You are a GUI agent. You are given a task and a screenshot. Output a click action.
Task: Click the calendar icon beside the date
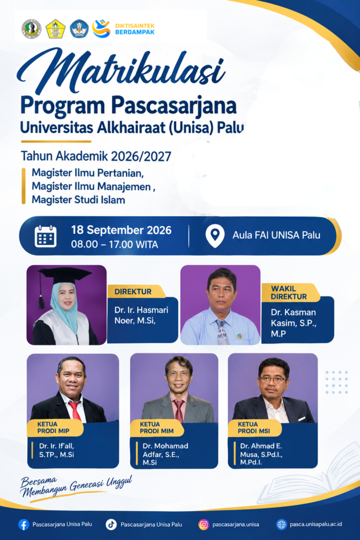(45, 236)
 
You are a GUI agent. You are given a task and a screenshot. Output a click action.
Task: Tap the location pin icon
(215, 236)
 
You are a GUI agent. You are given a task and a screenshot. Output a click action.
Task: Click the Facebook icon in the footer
(23, 525)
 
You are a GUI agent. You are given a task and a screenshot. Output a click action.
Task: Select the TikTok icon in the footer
(111, 525)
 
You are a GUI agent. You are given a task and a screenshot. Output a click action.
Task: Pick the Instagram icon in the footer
(204, 525)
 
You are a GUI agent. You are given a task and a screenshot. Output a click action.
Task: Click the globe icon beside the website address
(281, 525)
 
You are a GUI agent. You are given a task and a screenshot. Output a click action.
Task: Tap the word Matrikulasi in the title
(121, 71)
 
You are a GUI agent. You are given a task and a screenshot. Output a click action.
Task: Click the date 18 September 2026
(121, 230)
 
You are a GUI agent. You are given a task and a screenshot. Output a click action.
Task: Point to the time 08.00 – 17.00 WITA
(114, 245)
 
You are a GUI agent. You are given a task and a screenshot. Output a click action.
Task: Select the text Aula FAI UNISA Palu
(276, 235)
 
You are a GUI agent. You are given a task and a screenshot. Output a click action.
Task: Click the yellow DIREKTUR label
(133, 292)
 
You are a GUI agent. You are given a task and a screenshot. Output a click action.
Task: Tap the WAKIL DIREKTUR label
(289, 293)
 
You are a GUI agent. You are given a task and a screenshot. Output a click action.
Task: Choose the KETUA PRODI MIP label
(53, 428)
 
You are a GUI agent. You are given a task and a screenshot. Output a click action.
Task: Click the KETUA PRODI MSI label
(254, 428)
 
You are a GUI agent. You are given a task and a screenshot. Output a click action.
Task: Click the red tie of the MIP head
(75, 411)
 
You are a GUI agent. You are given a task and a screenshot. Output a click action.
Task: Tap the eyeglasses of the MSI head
(273, 380)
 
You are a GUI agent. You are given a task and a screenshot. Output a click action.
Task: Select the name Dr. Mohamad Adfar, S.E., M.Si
(165, 454)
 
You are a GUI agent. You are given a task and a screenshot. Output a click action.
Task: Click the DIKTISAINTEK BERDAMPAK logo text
(134, 30)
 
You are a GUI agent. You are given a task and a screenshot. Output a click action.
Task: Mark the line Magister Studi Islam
(79, 200)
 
